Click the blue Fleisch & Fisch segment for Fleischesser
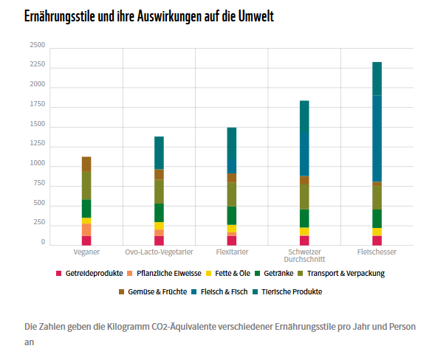tap(377, 139)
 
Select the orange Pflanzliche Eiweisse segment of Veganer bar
tap(86, 229)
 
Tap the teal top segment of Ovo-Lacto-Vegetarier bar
tap(159, 153)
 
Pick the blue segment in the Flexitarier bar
tap(232, 166)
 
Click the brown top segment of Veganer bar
tap(86, 164)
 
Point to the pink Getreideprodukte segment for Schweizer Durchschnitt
tap(304, 240)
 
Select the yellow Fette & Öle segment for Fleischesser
tap(377, 232)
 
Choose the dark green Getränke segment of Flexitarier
tap(232, 215)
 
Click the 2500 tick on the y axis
tap(38, 45)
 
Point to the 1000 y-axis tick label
tap(38, 163)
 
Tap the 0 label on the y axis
tap(43, 242)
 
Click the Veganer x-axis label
tap(86, 252)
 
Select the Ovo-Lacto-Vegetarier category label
tap(159, 252)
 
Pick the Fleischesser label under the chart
tap(377, 252)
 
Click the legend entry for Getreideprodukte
tap(89, 273)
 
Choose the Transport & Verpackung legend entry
tap(341, 273)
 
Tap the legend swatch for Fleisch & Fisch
tap(194, 292)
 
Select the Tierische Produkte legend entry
tap(287, 292)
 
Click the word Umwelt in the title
tap(256, 16)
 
